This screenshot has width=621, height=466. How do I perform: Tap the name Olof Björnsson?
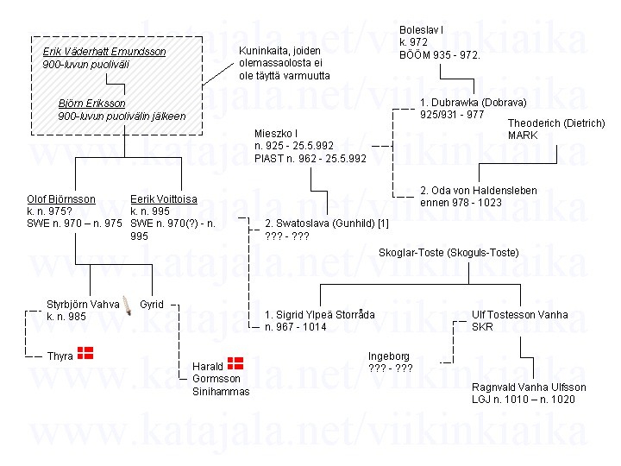point(61,199)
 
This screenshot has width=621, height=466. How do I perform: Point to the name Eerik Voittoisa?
point(164,199)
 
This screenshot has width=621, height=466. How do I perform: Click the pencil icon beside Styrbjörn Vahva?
point(128,305)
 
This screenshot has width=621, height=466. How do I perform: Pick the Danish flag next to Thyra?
point(85,352)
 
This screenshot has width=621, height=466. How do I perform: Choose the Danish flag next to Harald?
point(235,363)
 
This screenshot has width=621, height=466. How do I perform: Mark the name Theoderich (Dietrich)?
point(555,123)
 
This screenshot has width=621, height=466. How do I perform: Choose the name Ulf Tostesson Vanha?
point(520,314)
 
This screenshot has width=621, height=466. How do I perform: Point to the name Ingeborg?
point(389,356)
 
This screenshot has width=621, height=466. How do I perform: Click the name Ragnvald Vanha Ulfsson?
point(529,387)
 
